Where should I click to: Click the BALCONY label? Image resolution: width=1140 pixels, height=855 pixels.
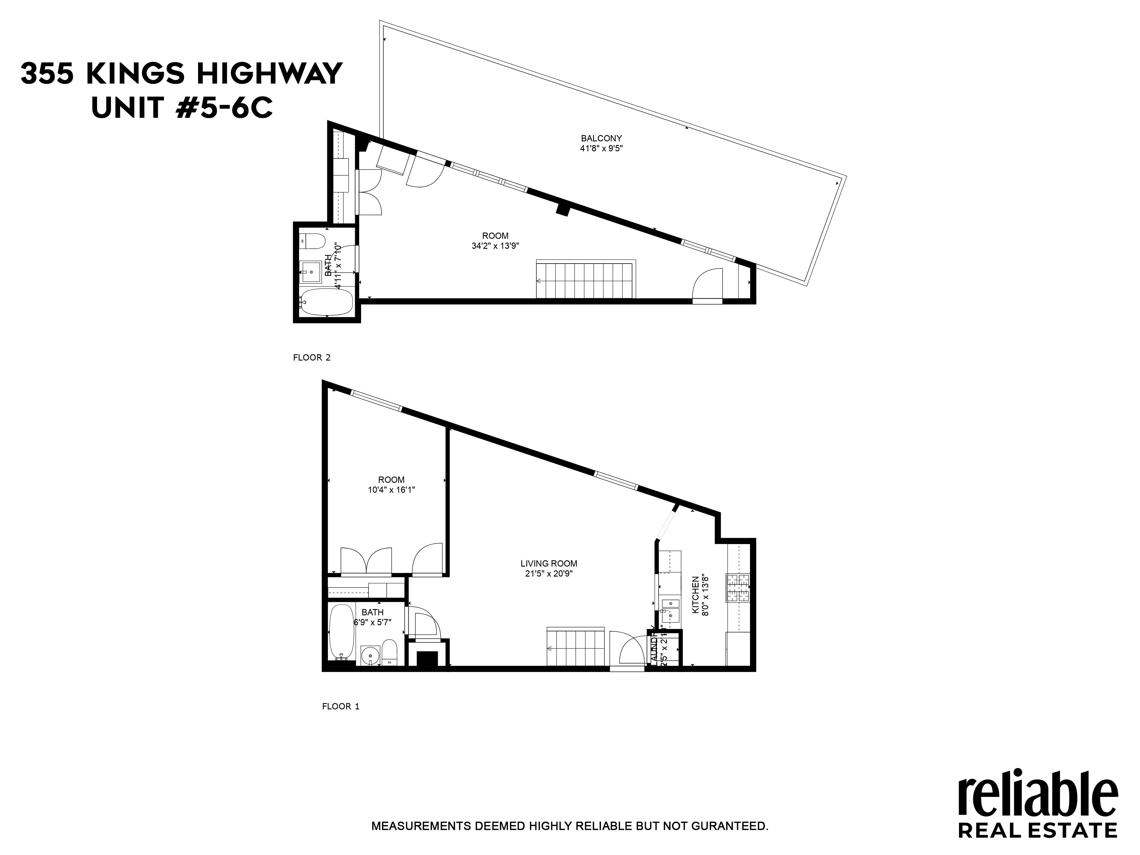(601, 138)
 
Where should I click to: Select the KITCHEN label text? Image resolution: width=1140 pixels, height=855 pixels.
(695, 594)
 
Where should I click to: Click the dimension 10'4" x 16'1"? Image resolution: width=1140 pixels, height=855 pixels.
(391, 490)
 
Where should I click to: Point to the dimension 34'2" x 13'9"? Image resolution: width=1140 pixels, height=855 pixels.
(495, 246)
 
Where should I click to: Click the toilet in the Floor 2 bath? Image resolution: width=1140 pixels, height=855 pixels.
(313, 240)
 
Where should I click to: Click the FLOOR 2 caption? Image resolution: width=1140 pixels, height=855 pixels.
(311, 357)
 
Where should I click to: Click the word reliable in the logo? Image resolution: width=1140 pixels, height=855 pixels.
(1037, 800)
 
